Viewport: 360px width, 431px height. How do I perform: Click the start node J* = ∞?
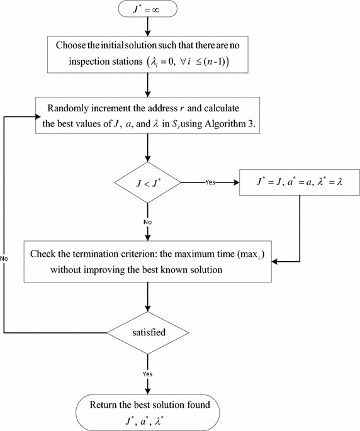[x=147, y=11]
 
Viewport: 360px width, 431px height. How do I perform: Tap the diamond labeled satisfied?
[x=147, y=331]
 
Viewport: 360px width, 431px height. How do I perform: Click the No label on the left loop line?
[x=4, y=258]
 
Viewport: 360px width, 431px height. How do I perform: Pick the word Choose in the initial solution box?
[x=73, y=45]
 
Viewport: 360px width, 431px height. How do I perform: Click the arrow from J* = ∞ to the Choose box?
[x=147, y=26]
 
